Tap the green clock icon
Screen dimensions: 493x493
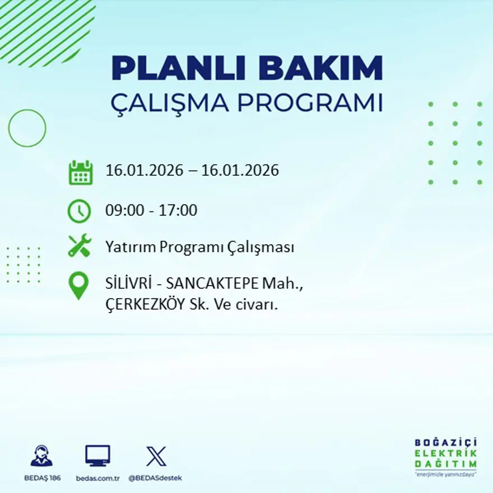pos(80,211)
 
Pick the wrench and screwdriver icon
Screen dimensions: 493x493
pos(80,246)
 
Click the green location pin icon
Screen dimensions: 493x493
pos(79,285)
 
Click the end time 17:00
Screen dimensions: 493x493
pos(179,211)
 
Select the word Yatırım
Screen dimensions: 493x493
pos(129,248)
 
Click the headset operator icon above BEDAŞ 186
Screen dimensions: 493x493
pos(41,456)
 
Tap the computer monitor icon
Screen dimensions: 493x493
pos(97,456)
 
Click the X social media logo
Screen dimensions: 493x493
pos(156,456)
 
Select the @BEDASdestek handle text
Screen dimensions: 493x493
pos(155,478)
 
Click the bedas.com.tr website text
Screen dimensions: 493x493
pos(97,478)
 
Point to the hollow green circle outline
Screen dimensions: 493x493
pos(27,128)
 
